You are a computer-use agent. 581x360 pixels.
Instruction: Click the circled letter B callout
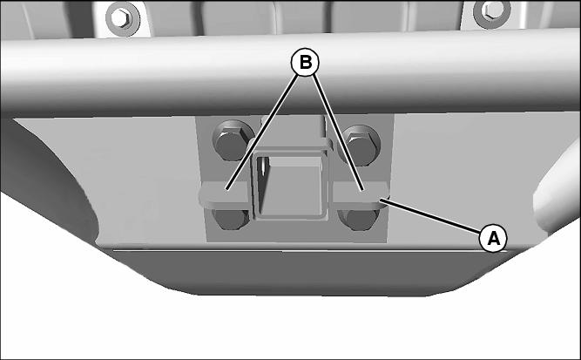point(305,63)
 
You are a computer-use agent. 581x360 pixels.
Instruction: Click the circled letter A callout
point(493,238)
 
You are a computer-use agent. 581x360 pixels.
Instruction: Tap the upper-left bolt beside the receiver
point(233,139)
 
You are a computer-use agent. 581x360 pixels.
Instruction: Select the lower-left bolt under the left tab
point(231,219)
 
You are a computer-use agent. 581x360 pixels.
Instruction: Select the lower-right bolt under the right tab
point(360,219)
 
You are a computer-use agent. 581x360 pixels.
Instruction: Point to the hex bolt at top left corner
point(122,17)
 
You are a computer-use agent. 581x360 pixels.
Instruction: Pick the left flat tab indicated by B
point(225,194)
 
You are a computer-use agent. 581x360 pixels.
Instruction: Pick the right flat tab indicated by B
point(360,194)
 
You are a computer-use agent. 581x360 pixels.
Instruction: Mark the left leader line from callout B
point(261,132)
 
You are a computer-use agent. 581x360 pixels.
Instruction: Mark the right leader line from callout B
point(338,132)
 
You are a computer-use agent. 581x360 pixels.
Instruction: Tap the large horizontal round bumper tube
point(291,74)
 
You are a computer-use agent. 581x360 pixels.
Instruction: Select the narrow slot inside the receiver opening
point(263,166)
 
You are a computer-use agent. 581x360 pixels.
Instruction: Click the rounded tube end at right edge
point(557,193)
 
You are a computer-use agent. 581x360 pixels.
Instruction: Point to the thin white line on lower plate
point(310,251)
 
